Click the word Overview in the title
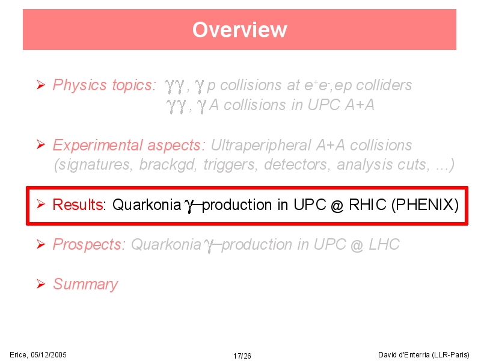[239, 29]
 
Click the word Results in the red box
[78, 205]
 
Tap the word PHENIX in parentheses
[425, 205]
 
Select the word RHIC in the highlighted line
[367, 205]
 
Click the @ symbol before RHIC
[337, 205]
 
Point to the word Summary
[85, 284]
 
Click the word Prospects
[87, 245]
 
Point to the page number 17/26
[242, 356]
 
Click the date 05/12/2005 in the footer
[49, 355]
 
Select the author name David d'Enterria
[404, 355]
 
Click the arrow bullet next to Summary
[41, 284]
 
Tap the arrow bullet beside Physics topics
[41, 85]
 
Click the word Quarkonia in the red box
[147, 205]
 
